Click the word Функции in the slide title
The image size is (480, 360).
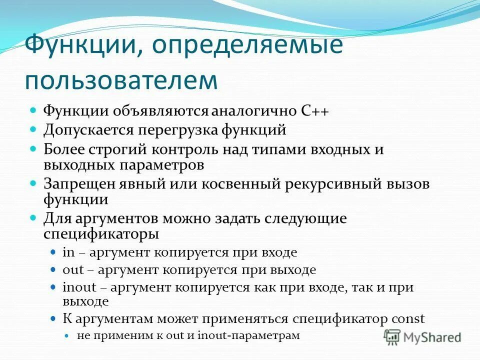(x=80, y=46)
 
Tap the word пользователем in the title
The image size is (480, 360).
(x=121, y=80)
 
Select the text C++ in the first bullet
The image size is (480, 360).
(x=315, y=111)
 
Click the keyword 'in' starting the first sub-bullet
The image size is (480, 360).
(x=67, y=252)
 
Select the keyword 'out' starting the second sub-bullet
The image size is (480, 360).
(x=72, y=270)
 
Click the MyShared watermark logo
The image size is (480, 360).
(x=422, y=336)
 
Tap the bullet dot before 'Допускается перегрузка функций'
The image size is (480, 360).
(x=33, y=129)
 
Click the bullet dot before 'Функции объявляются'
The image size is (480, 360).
(x=33, y=110)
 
